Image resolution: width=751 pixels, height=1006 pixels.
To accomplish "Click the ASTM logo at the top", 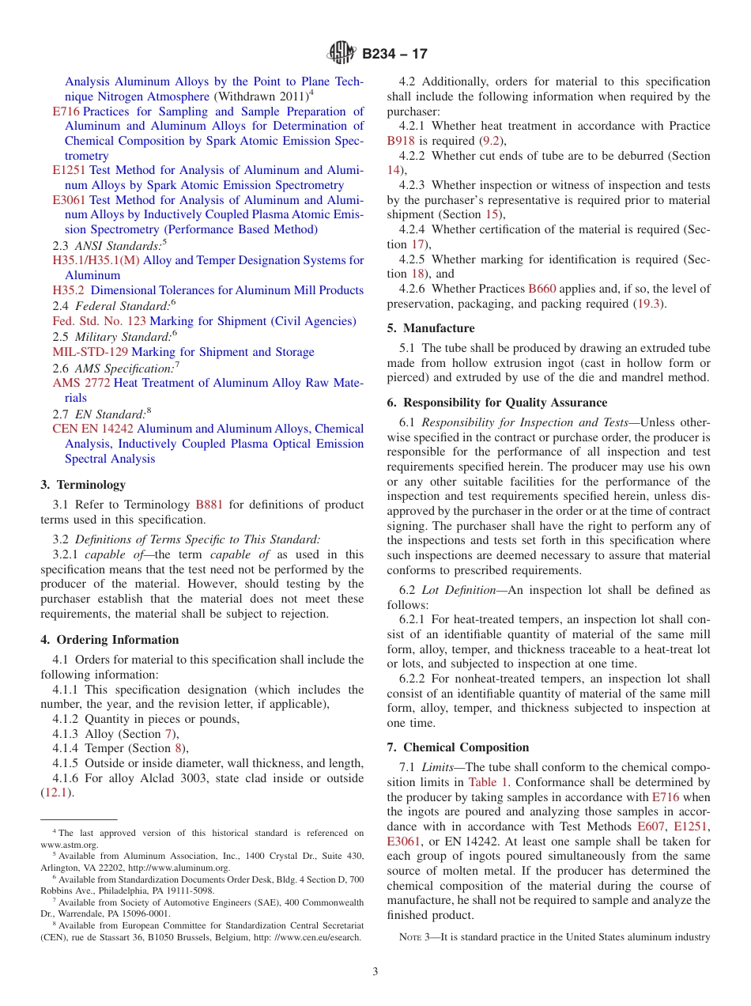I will [342, 54].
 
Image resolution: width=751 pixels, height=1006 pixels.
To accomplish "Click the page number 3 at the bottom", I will [375, 972].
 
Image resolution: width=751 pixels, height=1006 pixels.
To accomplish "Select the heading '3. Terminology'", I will [83, 485].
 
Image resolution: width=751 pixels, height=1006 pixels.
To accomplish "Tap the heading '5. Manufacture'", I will [431, 328].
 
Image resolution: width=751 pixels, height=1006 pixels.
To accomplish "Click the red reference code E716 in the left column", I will [66, 112].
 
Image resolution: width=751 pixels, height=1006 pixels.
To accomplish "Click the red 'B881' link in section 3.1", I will [209, 505].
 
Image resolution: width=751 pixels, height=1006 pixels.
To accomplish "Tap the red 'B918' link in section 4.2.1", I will [400, 141].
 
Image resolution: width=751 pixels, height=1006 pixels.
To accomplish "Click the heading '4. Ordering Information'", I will [110, 640].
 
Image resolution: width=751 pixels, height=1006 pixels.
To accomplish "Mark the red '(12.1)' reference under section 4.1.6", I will [57, 792].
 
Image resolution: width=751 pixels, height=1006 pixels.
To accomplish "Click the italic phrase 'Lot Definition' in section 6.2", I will [459, 590].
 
